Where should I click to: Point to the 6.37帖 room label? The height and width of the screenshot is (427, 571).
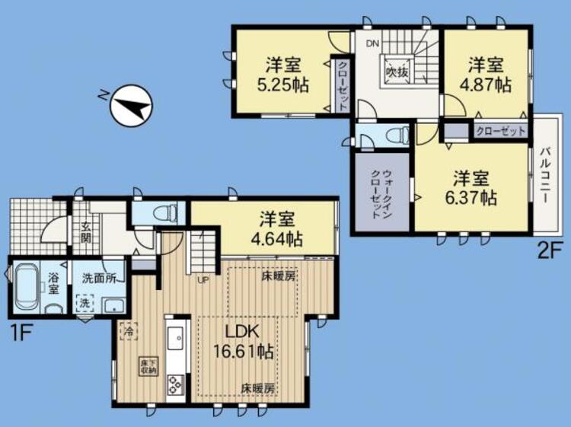[x=476, y=189]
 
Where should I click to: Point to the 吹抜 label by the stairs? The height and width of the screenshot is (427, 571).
[x=397, y=72]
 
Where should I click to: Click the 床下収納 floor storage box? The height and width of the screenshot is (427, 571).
[x=148, y=365]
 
